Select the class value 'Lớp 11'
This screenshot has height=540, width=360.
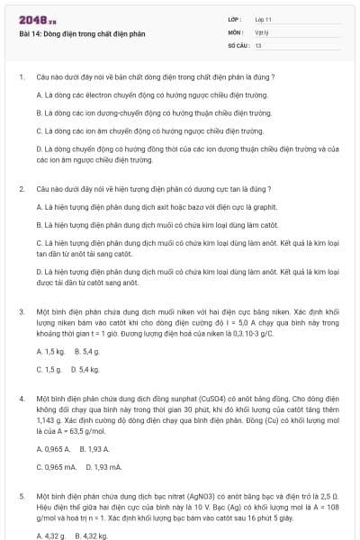[x=264, y=19]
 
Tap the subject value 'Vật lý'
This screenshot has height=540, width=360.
[x=261, y=31]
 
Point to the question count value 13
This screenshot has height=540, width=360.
[x=258, y=44]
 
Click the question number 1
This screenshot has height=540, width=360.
[x=21, y=78]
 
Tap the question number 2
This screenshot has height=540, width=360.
[x=21, y=189]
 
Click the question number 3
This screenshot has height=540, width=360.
[x=21, y=310]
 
